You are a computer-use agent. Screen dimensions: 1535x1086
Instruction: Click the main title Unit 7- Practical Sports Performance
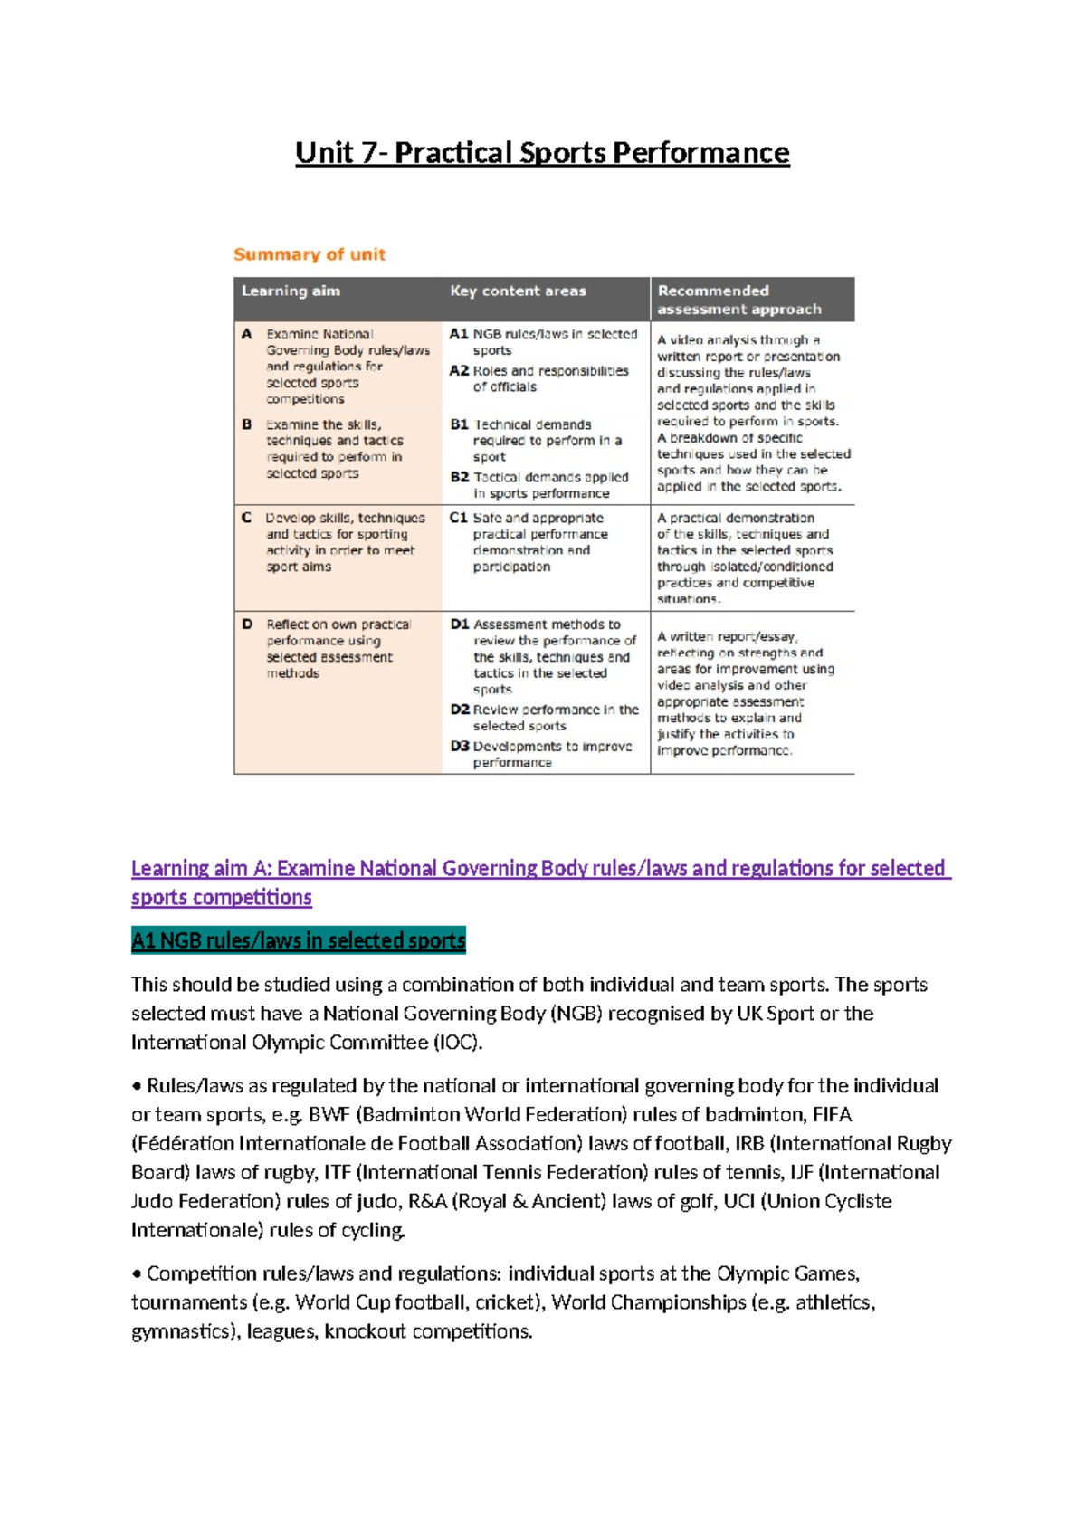click(542, 152)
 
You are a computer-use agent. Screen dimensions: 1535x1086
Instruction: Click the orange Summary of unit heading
click(310, 254)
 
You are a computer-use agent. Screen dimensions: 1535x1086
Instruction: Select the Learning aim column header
click(291, 291)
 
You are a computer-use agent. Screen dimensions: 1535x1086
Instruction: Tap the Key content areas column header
click(518, 291)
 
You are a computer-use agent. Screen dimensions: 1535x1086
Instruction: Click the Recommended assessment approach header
click(738, 300)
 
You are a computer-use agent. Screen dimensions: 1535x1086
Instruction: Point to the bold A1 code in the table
click(458, 334)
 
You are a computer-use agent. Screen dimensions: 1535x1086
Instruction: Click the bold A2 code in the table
click(458, 371)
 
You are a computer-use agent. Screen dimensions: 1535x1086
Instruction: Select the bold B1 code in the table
click(459, 424)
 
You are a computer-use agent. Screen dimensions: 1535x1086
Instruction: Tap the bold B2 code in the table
click(459, 477)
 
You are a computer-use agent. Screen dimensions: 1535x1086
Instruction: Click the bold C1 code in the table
click(458, 518)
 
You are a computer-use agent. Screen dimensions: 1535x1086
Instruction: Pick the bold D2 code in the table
click(459, 710)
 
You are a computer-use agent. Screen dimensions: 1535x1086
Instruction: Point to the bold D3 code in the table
click(459, 747)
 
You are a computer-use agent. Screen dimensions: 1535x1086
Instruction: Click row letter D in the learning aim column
click(247, 624)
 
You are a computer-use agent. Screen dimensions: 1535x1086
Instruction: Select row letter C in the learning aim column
click(246, 518)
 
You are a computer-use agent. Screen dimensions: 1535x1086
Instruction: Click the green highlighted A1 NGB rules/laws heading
click(298, 940)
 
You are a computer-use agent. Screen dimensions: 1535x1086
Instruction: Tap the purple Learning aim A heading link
click(540, 869)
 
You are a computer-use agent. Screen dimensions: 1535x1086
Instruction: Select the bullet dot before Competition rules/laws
click(137, 1274)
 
